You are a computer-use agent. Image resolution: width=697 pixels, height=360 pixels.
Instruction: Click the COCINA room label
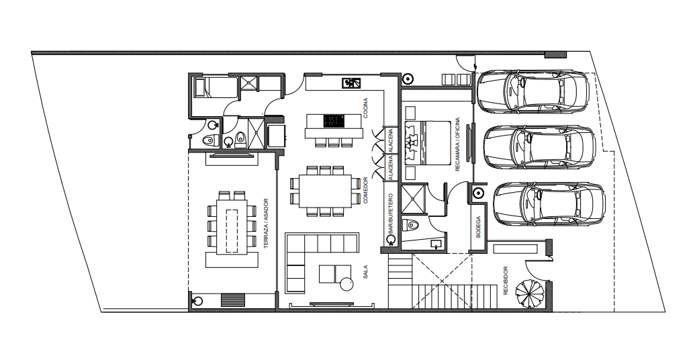click(365, 108)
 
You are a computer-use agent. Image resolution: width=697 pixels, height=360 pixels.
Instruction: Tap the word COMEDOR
click(365, 191)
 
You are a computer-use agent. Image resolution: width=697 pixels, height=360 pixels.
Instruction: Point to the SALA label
click(365, 272)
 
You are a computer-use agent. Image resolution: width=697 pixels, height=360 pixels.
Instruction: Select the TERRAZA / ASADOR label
click(266, 223)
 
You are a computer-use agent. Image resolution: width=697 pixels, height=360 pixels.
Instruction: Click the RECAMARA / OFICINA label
click(457, 144)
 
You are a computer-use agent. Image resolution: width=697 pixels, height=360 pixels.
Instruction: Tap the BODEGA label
click(478, 227)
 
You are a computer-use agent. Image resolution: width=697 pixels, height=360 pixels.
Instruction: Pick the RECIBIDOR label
click(506, 281)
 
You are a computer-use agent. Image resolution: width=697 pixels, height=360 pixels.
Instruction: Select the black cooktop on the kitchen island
click(334, 121)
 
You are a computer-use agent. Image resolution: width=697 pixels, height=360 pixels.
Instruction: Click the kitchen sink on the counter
click(351, 83)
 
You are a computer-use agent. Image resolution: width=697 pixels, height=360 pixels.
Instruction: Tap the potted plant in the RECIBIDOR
click(530, 293)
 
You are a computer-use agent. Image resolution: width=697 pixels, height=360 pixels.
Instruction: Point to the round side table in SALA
click(346, 284)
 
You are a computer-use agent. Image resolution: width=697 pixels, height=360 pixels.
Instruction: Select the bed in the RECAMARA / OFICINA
click(427, 143)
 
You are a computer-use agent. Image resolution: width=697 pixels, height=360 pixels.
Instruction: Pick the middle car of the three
click(539, 148)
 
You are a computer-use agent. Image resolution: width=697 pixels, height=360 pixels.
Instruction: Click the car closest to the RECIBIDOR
click(549, 204)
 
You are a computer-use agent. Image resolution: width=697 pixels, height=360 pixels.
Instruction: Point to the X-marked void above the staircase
click(441, 281)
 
